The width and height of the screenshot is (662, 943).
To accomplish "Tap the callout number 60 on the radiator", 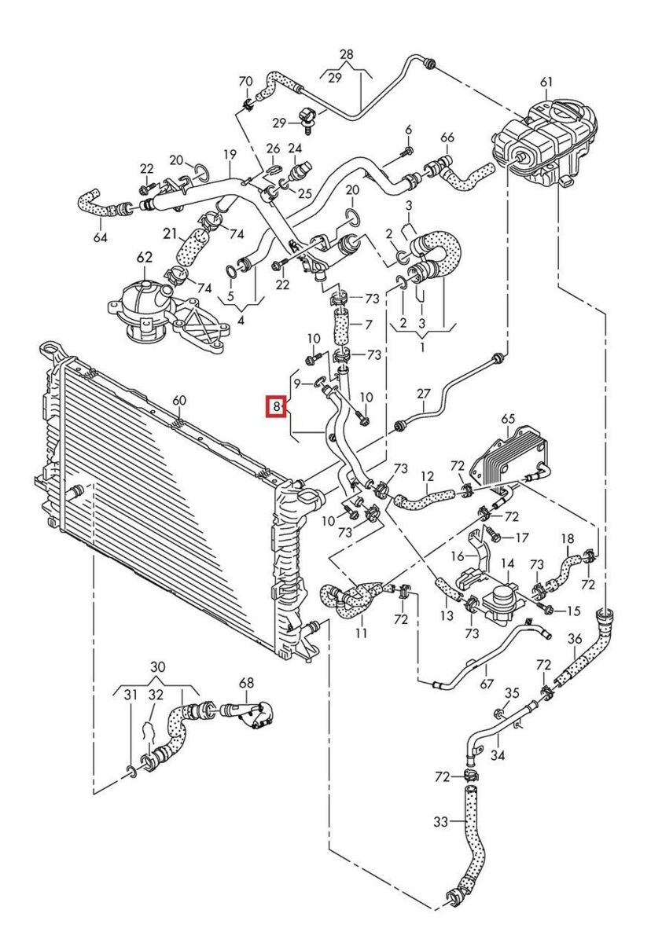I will coord(179,401).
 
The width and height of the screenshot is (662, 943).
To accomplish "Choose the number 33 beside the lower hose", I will coord(440,822).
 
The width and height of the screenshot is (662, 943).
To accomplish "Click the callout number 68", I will coord(247,682).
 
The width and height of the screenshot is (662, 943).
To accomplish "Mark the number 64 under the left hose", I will coord(100,237).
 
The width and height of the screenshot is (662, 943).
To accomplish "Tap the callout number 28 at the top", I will coord(347,53).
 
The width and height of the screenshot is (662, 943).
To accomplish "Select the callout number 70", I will coord(245,81).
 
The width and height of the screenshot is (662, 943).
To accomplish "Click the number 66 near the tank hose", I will coord(447,138).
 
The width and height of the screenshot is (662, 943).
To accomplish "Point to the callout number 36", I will coord(575,639).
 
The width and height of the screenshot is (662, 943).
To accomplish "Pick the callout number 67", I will coord(487,684).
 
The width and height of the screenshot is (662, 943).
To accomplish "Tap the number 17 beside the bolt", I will coord(523,538).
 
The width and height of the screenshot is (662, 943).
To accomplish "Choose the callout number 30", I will coord(157,667).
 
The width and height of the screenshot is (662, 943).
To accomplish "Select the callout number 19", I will coord(230,154).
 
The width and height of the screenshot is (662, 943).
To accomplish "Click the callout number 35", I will coord(512,693).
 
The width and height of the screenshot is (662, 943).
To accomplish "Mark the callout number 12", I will coord(427,476).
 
